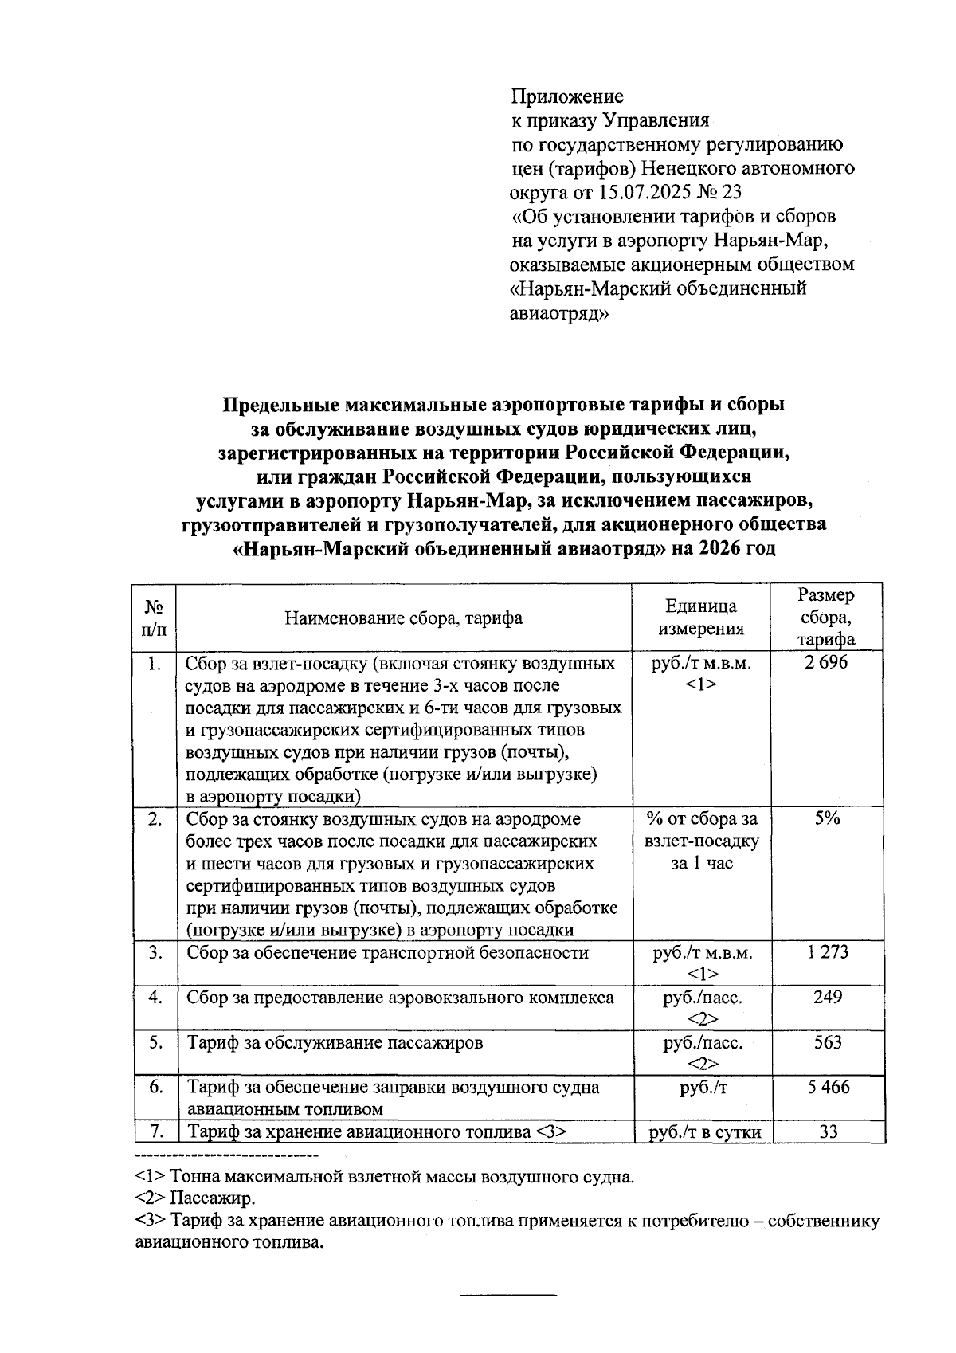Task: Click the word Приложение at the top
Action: tap(567, 97)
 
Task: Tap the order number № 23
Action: tap(719, 193)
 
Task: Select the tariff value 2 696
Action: tap(828, 663)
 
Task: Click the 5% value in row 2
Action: tap(828, 819)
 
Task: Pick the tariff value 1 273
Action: tap(828, 952)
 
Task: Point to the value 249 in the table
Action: tap(828, 998)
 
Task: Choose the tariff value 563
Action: tap(828, 1042)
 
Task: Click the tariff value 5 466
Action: tap(828, 1088)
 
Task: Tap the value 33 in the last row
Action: tap(828, 1131)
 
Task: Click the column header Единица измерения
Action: tap(701, 618)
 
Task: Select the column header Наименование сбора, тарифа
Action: tap(404, 618)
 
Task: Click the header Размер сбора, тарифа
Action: tap(828, 618)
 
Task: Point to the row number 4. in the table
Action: tap(156, 998)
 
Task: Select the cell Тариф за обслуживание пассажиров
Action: tap(335, 1043)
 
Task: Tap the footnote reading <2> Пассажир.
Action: tap(195, 1198)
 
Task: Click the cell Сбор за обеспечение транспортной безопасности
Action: tap(387, 953)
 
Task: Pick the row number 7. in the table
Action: tap(156, 1131)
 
